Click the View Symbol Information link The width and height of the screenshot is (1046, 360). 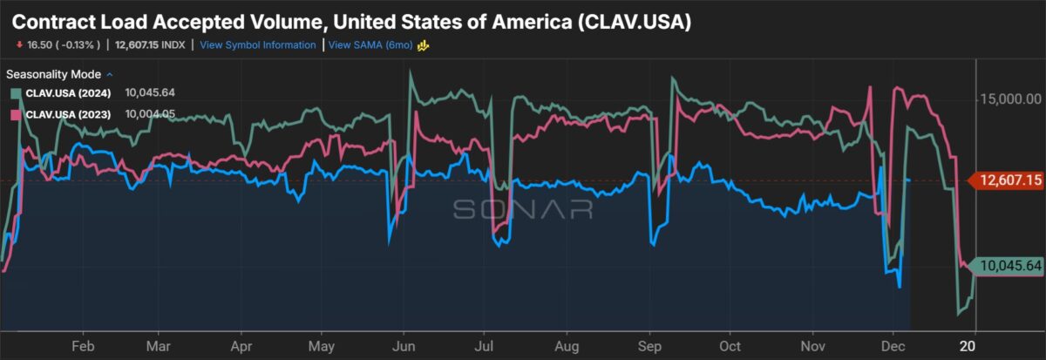(x=257, y=45)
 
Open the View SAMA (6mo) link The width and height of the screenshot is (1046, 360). (x=370, y=45)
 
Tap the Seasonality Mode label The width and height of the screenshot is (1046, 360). (x=54, y=74)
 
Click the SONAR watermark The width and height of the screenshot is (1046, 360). (x=522, y=209)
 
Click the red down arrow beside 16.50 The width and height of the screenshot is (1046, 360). (x=19, y=45)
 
